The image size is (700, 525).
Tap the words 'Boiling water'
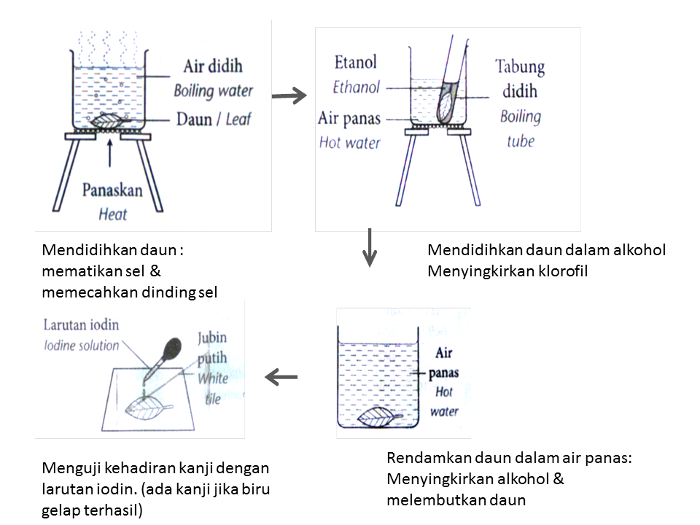coord(213,91)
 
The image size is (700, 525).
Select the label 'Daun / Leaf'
coord(212,117)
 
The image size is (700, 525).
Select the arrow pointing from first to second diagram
coord(288,95)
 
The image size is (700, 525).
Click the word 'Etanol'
coord(355,62)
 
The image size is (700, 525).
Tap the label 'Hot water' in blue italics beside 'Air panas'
coord(349,142)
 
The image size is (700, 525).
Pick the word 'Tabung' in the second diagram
coord(520,68)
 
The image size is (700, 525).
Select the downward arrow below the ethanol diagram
coord(370,248)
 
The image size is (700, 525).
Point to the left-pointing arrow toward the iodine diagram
coord(281,377)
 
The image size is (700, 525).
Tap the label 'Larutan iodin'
coord(80,324)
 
